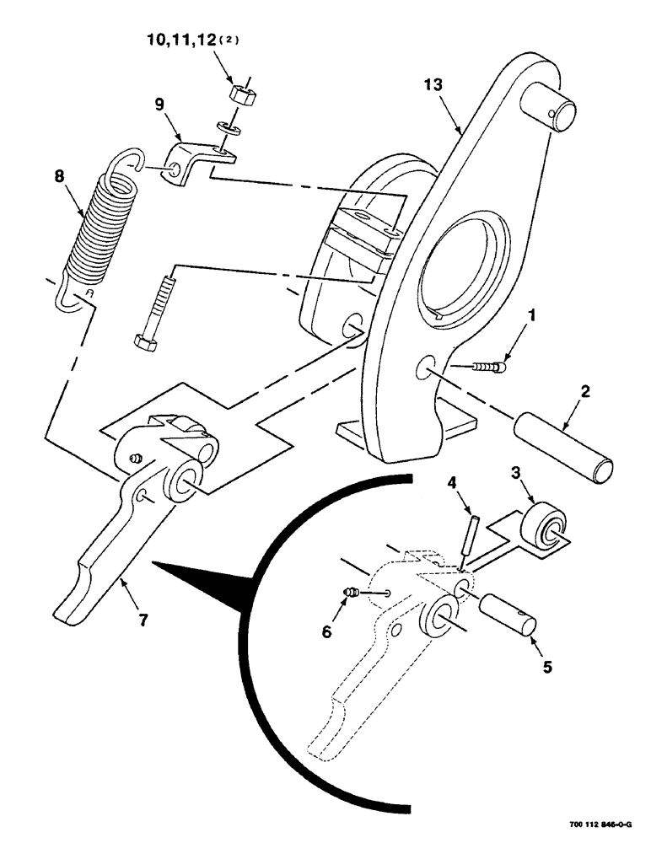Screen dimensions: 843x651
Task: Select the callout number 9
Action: [x=159, y=105]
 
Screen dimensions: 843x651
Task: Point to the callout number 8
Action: [x=58, y=178]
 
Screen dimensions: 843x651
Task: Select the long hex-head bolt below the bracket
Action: [x=154, y=307]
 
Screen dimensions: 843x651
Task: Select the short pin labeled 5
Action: [x=508, y=611]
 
